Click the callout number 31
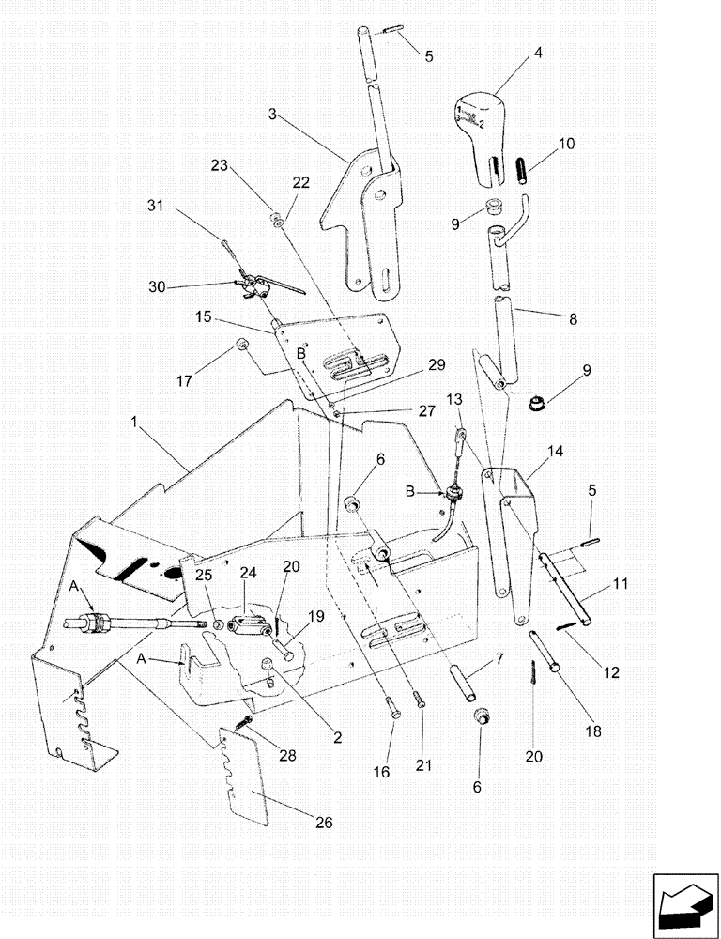[154, 206]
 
